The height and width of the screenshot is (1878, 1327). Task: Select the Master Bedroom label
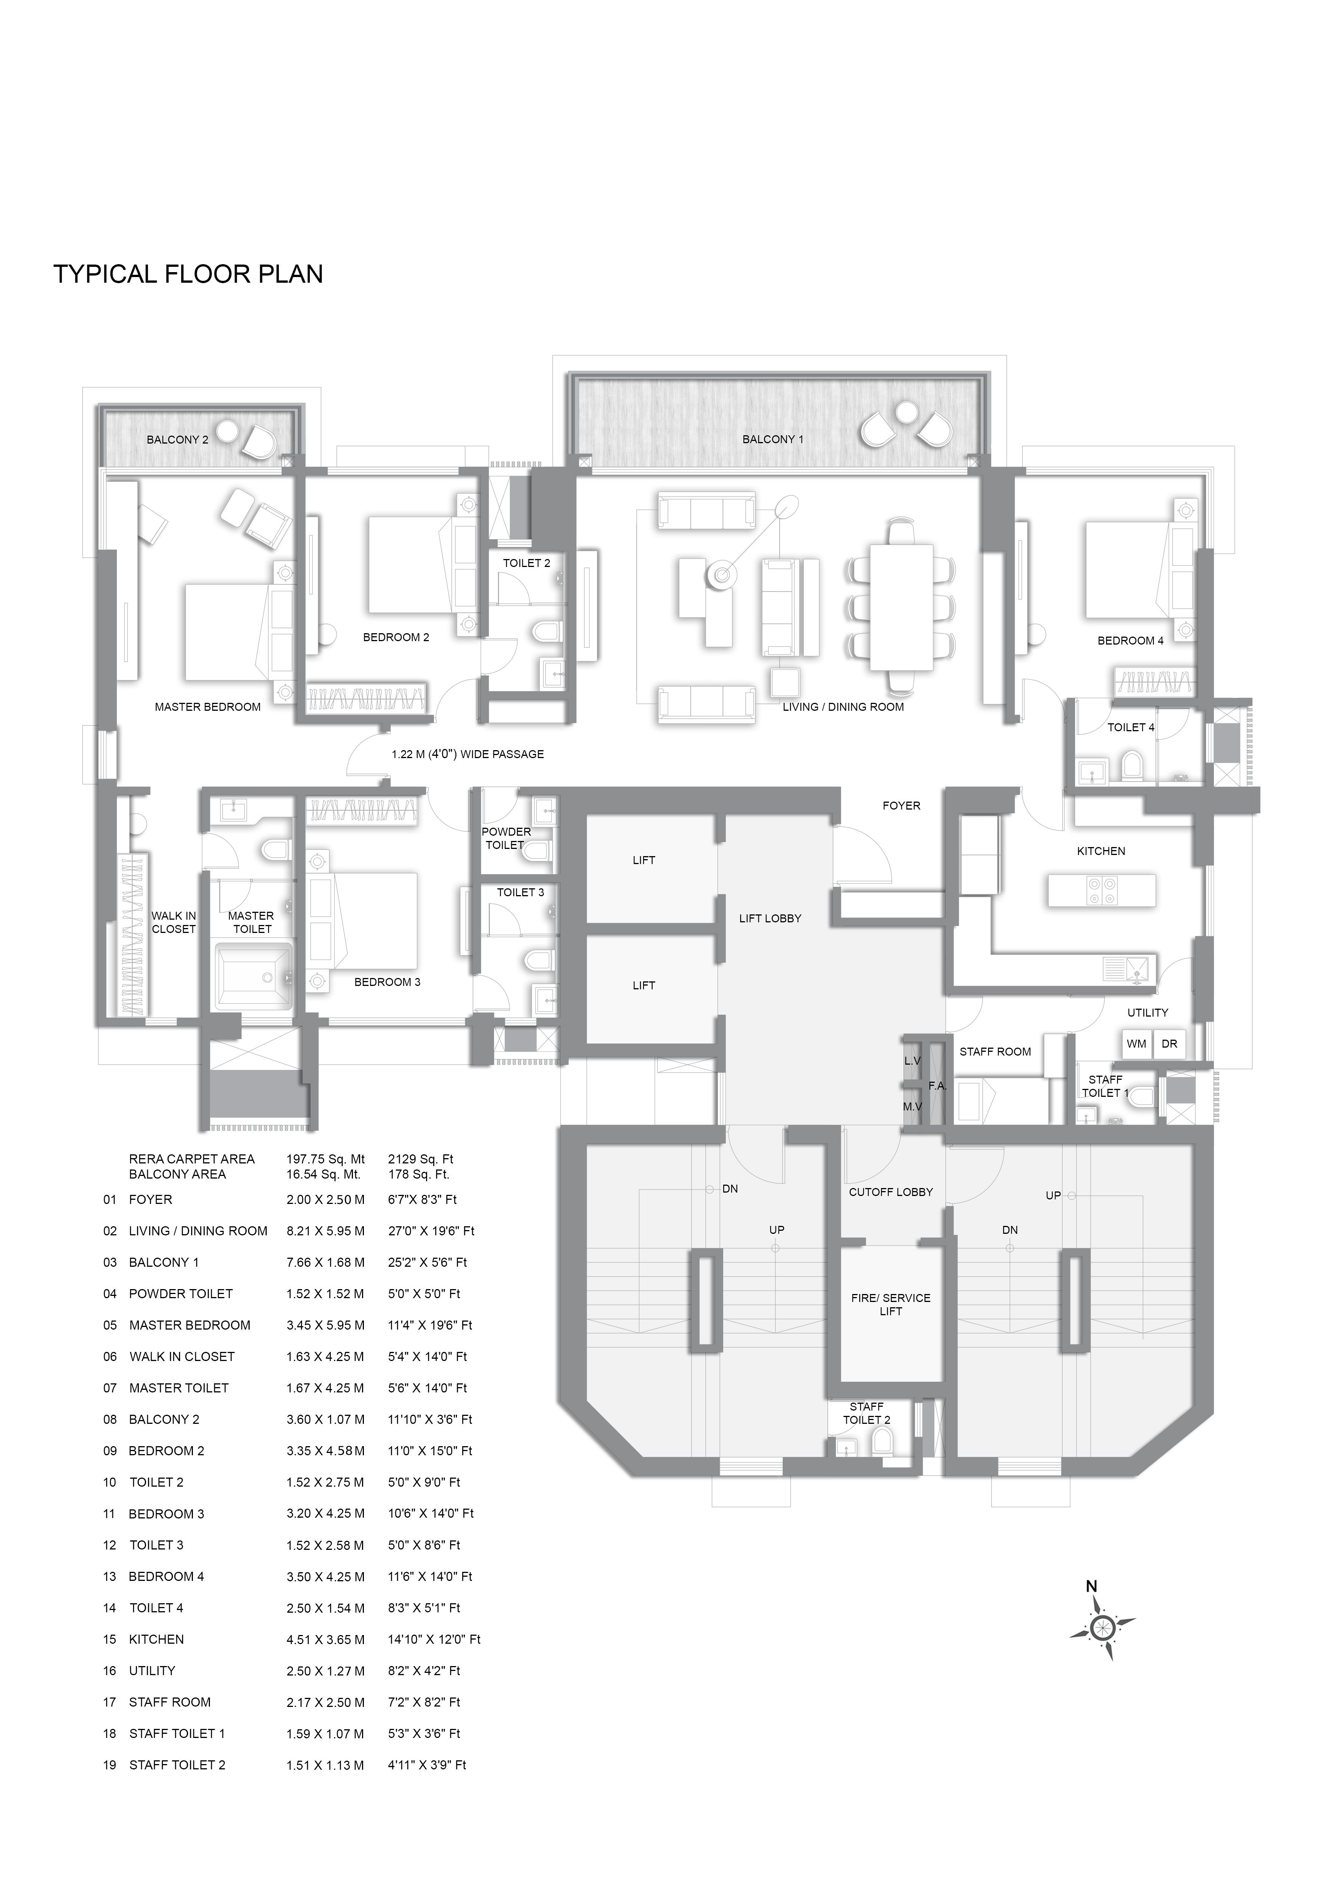[x=208, y=707]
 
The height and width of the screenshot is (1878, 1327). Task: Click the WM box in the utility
[x=1136, y=1044]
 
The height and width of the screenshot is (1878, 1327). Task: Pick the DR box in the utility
[x=1169, y=1044]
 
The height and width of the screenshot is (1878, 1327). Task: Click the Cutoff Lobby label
[x=890, y=1192]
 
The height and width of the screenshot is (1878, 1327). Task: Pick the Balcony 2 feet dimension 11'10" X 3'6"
[x=429, y=1419]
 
